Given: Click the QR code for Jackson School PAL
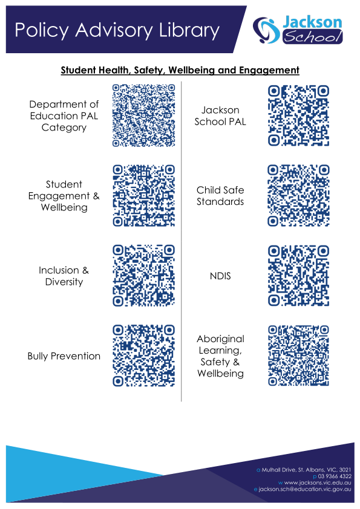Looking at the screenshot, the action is click(x=298, y=115).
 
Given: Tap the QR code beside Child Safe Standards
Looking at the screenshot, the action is click(x=298, y=195).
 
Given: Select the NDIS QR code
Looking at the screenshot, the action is click(x=298, y=276).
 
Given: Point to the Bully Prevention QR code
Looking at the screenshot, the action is click(x=143, y=356).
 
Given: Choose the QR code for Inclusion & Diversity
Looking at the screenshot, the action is click(x=143, y=276).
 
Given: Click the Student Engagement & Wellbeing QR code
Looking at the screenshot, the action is click(x=143, y=195).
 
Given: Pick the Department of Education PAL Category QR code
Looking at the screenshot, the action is click(x=143, y=115).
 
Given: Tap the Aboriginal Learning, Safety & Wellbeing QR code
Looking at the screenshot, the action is click(x=298, y=356).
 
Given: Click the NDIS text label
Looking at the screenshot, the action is click(x=220, y=276).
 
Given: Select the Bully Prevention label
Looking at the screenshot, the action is click(x=64, y=356).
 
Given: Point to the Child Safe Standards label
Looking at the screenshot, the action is click(x=220, y=196).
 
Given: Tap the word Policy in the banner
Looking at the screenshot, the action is click(x=42, y=31).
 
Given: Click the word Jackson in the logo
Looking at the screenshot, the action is click(x=312, y=22).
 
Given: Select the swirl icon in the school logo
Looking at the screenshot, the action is click(x=266, y=30).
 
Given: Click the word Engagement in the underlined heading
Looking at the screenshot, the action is click(x=269, y=71).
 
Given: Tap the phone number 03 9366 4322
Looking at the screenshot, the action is click(x=335, y=476).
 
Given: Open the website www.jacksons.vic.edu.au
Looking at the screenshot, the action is click(x=318, y=483).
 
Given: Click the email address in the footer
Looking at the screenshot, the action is click(x=305, y=489).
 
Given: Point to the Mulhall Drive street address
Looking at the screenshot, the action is click(x=306, y=470).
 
